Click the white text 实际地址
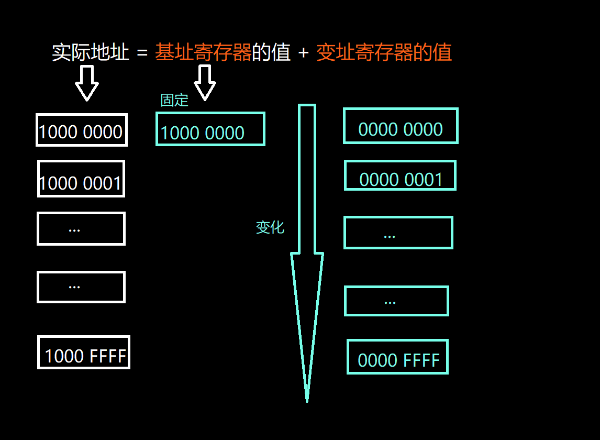pos(90,53)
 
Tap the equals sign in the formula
pos(142,53)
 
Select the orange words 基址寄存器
pos(203,53)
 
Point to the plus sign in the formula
pos(303,53)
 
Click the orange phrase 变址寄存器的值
pos(384,53)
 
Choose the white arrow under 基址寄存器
pos(205,83)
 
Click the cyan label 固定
pos(174,100)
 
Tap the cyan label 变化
pos(270,227)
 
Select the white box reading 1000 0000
pos(82,130)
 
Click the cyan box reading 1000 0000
pos(210,129)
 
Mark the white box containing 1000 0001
pos(81,179)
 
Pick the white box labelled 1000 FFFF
pos(84,353)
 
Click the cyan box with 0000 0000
pos(401,126)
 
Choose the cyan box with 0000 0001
pos(400,175)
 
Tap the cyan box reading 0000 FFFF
pos(397,357)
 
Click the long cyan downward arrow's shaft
pos(307,178)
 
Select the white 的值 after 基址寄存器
pos(271,53)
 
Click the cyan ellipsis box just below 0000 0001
pos(398,233)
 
